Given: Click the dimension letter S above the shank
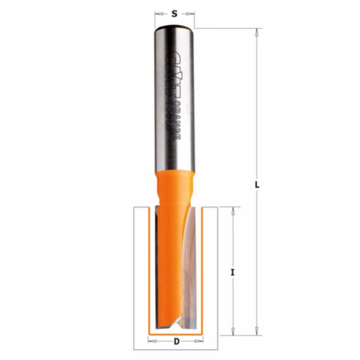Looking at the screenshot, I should click(174, 14).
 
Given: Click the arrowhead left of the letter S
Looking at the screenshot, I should click(157, 14).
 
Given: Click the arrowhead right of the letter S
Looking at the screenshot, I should click(193, 14).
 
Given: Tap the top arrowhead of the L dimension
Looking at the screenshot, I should click(257, 31).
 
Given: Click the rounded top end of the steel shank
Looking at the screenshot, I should click(175, 29).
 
